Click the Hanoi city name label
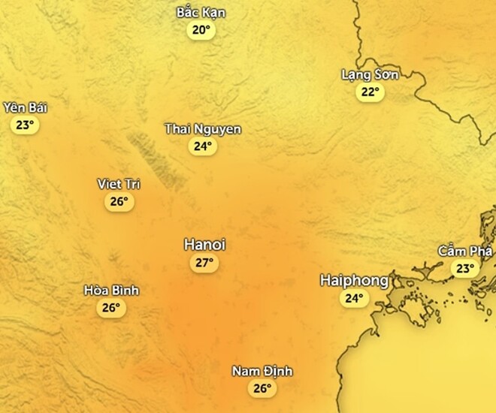[204, 245]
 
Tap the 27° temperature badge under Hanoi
[204, 263]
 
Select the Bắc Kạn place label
[201, 13]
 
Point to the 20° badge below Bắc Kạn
[201, 30]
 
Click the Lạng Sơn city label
[370, 74]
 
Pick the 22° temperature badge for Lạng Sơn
[370, 92]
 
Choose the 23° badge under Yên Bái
[25, 125]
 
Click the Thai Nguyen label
[203, 129]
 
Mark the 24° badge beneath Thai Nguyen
[203, 146]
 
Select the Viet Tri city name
[119, 184]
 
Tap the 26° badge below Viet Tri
[119, 201]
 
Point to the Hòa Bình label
[111, 291]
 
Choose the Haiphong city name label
[354, 281]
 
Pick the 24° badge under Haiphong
[354, 299]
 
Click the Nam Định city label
[262, 372]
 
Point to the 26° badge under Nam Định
[262, 389]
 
